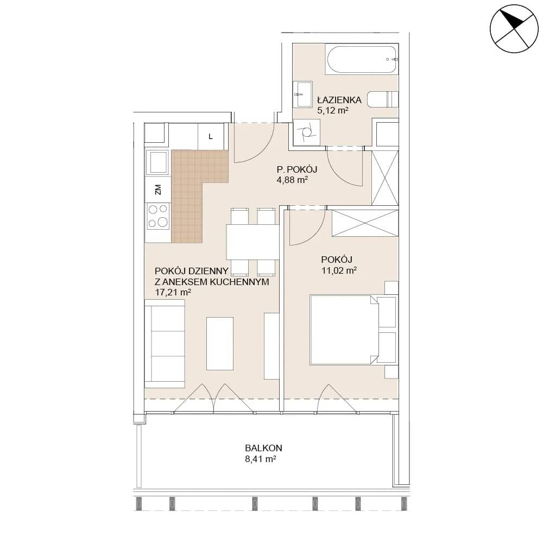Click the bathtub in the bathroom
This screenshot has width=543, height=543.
coord(361,60)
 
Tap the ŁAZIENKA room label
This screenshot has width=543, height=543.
coord(339,100)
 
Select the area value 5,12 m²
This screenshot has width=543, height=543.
coord(332,111)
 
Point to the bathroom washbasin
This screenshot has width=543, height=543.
coord(302,94)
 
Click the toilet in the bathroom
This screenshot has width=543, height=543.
coord(383,99)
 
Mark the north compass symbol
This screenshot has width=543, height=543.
coord(514,29)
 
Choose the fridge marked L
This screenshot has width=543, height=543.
coord(211,137)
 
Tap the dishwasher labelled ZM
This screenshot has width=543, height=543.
coord(158,190)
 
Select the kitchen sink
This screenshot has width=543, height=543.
coord(157,162)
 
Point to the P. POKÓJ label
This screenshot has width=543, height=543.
coord(297,169)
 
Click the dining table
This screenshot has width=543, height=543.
coord(253,242)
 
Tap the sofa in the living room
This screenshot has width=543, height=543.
coord(165,344)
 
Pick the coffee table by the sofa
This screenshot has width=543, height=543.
coord(220,344)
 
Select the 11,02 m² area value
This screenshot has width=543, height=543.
coord(339,270)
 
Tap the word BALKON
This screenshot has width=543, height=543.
coord(263,448)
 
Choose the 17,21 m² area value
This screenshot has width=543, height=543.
coord(173,292)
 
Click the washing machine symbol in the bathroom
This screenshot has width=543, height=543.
coord(306,132)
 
